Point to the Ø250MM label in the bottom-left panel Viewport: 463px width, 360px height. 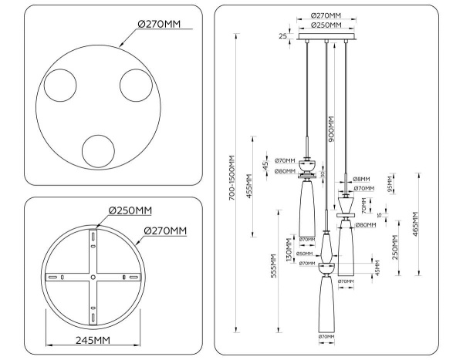pos(130,210)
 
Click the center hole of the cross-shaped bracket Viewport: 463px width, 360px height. pos(93,276)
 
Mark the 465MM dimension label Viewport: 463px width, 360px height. pos(417,226)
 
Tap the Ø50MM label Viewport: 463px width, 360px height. pos(306,254)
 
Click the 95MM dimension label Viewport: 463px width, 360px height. pos(390,187)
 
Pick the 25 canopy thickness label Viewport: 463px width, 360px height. pos(284,36)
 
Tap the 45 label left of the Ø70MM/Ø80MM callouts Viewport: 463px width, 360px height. pos(265,166)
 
